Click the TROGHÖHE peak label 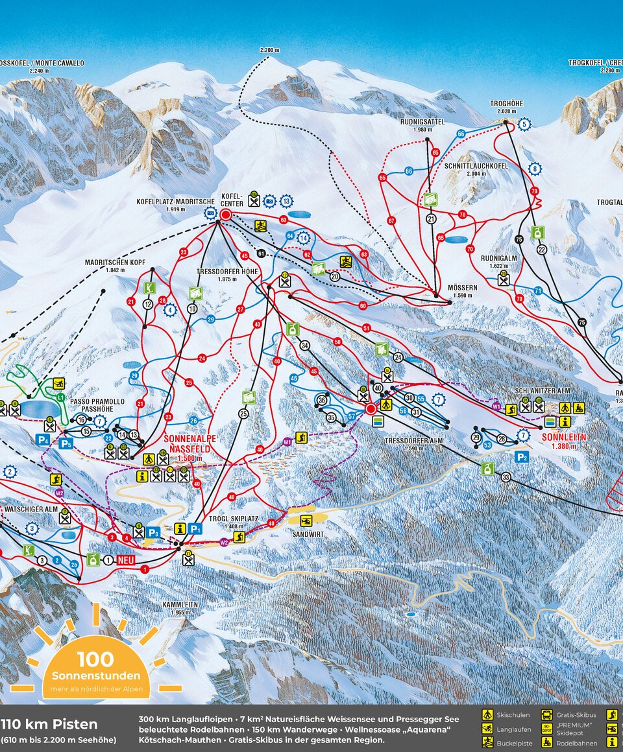pos(506,104)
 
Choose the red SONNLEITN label pos(563,438)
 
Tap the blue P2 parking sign pos(521,457)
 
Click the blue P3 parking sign pos(153,532)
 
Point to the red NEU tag pos(128,559)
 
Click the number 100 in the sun pos(95,659)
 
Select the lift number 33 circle pos(506,477)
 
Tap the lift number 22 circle pos(541,250)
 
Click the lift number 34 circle pos(304,346)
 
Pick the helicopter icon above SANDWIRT pos(306,521)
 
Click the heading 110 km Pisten pos(49,724)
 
